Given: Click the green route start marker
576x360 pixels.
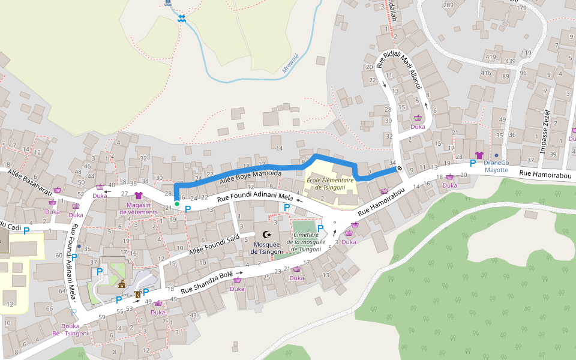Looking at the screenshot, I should (x=177, y=204).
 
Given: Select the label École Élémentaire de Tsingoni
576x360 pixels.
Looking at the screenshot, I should (x=326, y=183).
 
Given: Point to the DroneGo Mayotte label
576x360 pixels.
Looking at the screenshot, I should (x=496, y=166).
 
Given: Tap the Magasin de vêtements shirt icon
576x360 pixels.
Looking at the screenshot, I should (x=139, y=196).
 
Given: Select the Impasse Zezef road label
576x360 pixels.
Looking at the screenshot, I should (x=546, y=131).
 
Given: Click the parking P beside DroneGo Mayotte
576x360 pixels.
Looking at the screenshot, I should (x=473, y=162).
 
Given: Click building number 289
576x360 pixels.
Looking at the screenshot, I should (x=448, y=5).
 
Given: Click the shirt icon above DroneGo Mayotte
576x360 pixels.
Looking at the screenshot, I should (x=479, y=155).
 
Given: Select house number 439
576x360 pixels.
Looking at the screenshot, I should (x=511, y=62).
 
